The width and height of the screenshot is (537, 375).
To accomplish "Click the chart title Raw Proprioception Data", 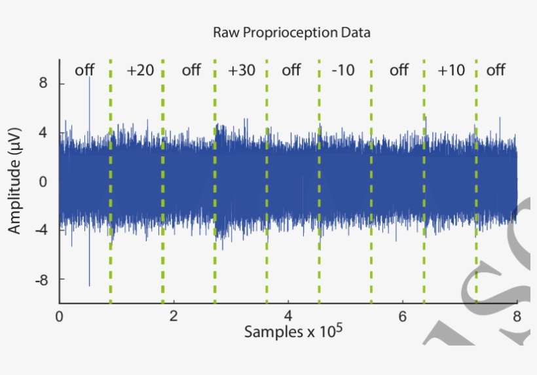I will click(291, 32).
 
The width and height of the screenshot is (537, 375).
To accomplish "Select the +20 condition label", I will click(140, 70).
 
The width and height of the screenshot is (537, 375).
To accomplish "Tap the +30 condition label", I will click(242, 70).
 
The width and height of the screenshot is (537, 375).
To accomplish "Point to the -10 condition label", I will click(343, 70).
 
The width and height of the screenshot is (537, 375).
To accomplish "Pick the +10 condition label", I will click(451, 70).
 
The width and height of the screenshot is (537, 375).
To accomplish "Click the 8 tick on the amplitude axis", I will click(43, 84).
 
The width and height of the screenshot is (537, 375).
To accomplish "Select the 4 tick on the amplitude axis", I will click(43, 133).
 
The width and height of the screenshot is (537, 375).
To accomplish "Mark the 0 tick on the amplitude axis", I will click(43, 181).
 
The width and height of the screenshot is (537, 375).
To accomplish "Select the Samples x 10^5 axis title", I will click(293, 331).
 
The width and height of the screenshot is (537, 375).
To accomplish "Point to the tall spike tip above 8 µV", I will click(90, 78).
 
